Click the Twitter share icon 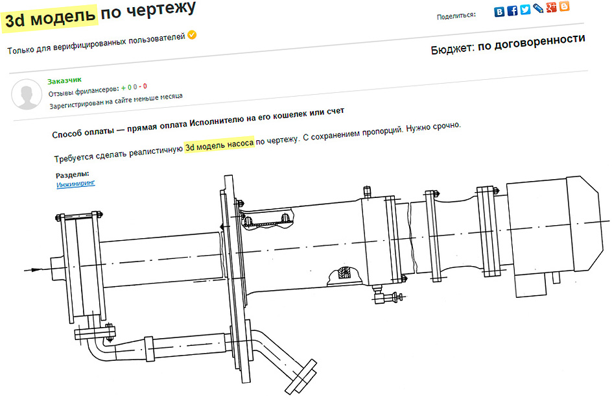tap(525, 9)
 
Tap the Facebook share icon tap(512, 10)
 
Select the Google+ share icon tap(551, 7)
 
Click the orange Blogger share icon tap(564, 6)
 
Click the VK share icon tap(499, 11)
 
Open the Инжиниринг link tap(76, 184)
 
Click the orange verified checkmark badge tap(192, 35)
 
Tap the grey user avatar tap(27, 94)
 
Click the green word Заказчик tap(64, 80)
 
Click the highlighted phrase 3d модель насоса tap(219, 145)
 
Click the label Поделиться tap(456, 16)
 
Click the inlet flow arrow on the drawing tap(33, 269)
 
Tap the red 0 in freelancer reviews tap(145, 86)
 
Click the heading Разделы tap(72, 175)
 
